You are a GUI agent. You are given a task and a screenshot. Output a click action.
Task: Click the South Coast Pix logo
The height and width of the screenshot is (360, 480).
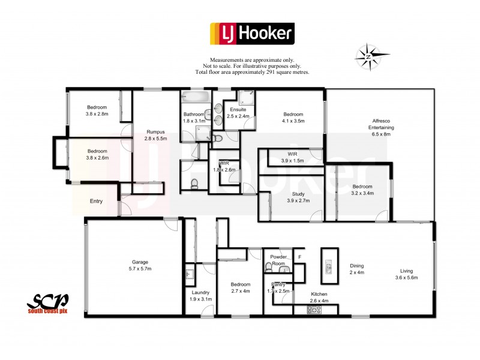pos(48,304)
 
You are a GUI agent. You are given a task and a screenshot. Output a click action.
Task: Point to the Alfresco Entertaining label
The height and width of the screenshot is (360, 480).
pos(382,124)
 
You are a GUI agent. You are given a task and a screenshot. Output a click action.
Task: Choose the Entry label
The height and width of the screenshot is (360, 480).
pos(97,202)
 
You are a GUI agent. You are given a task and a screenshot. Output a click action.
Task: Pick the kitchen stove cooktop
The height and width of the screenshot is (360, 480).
pos(314,310)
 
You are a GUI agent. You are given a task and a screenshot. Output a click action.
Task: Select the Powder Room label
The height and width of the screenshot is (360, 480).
pos(277,259)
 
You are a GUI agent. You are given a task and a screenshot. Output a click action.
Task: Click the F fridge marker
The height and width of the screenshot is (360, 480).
pos(299,257)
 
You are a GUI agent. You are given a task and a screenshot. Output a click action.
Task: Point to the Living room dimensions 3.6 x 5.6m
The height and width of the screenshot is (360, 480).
pos(406,278)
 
